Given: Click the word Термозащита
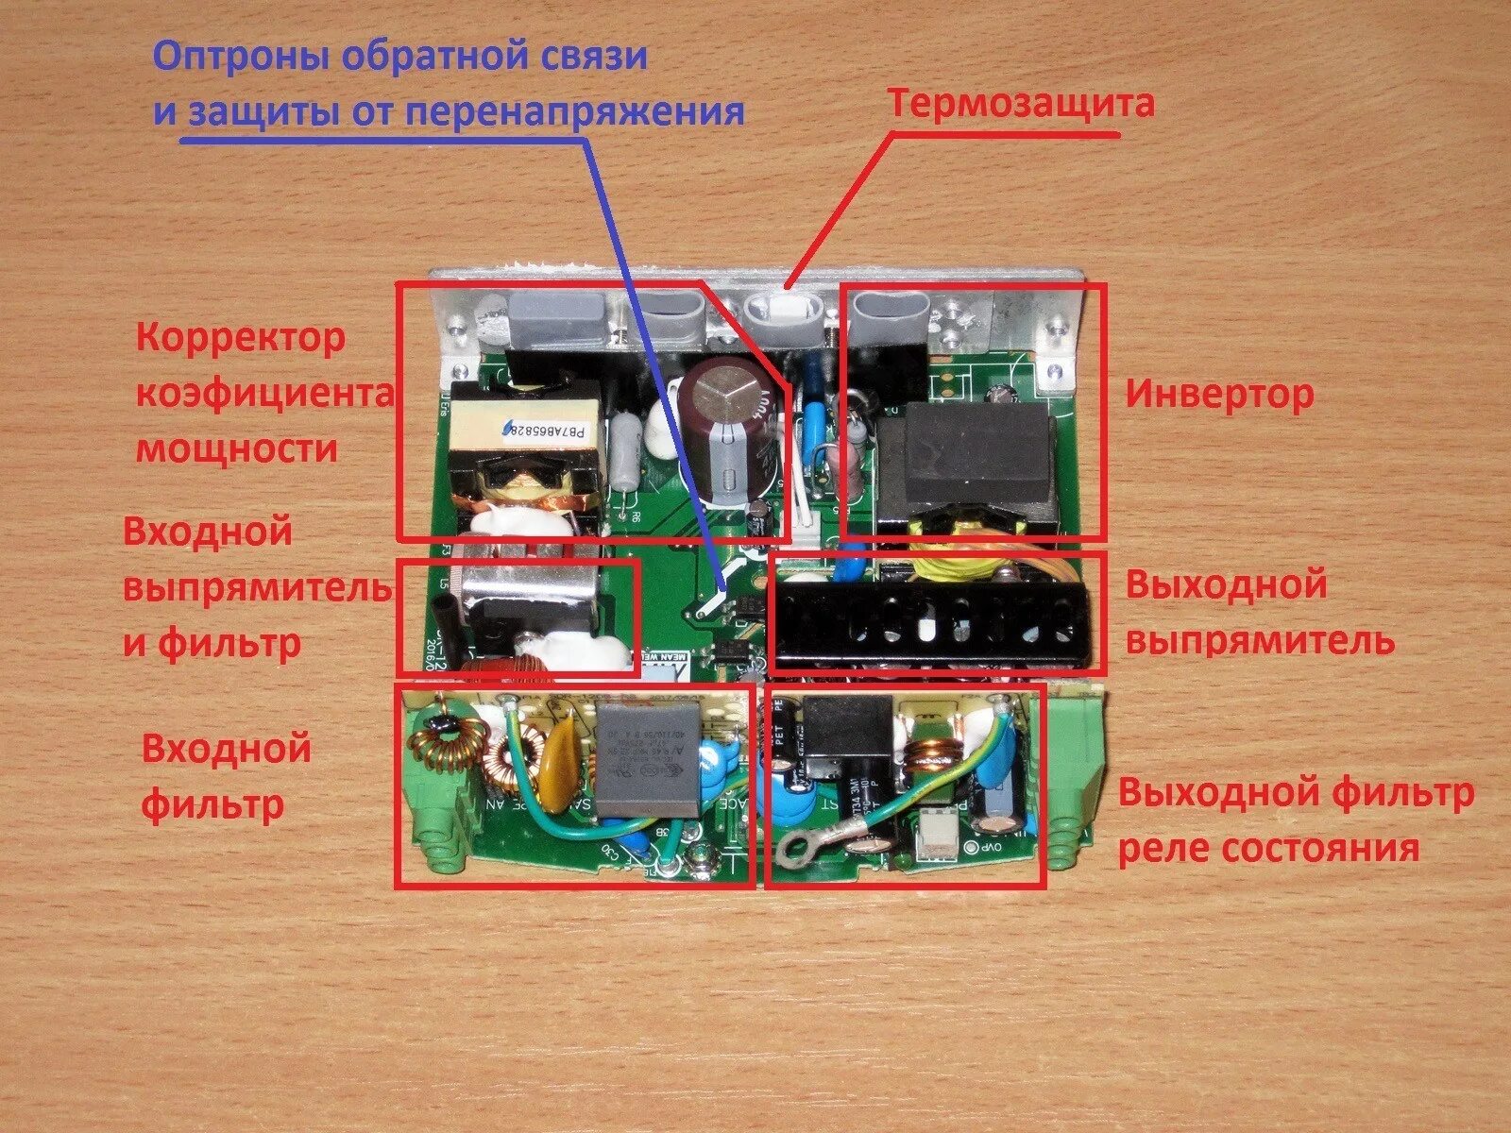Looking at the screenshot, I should (1021, 103).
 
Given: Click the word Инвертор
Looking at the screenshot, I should (1218, 394).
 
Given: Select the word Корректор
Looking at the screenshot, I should (242, 337).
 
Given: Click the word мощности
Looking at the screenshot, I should (237, 448).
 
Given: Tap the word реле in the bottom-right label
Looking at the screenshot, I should (1163, 848).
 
